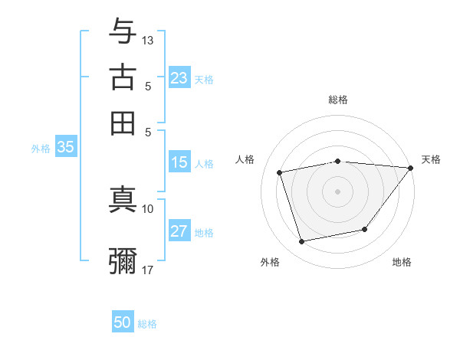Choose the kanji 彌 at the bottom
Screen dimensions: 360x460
(x=123, y=260)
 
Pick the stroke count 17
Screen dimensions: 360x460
(x=148, y=270)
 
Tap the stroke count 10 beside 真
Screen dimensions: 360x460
(x=148, y=208)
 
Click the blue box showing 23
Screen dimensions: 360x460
(x=179, y=78)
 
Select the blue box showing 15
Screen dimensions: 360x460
(x=179, y=162)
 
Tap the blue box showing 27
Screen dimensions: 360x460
(x=179, y=231)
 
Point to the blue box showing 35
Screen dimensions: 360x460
(x=65, y=148)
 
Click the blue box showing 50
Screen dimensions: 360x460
(x=123, y=322)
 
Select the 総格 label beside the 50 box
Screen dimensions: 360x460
(x=147, y=324)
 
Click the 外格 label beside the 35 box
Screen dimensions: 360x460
(x=41, y=149)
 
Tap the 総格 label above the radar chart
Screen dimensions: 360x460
(x=338, y=100)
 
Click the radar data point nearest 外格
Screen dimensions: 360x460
(x=302, y=242)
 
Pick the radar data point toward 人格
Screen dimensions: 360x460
(x=280, y=172)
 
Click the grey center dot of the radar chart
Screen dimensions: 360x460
(x=338, y=191)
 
